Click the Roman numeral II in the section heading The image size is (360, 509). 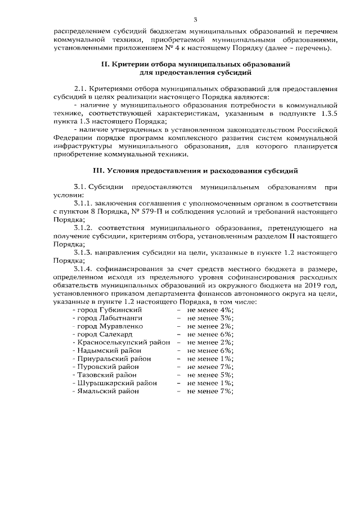click(x=104, y=65)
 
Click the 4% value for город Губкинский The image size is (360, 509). click(x=227, y=309)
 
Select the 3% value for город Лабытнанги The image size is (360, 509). click(x=227, y=318)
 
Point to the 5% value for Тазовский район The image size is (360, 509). click(x=227, y=374)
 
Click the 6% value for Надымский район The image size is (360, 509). click(x=227, y=350)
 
